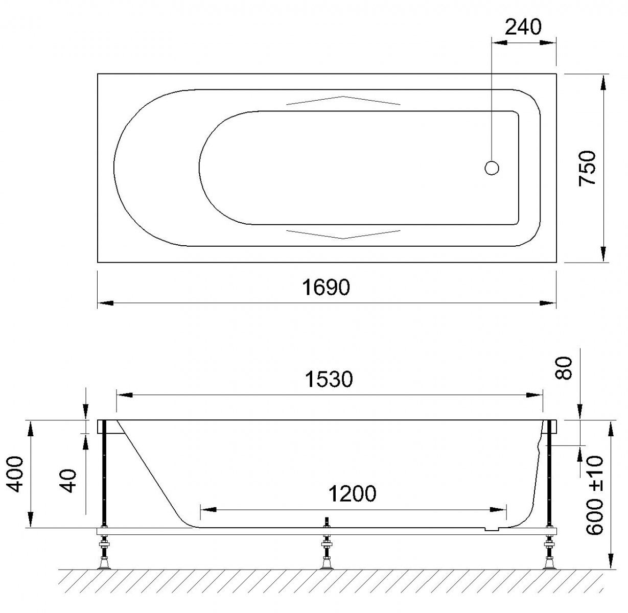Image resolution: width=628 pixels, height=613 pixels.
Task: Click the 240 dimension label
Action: point(523,27)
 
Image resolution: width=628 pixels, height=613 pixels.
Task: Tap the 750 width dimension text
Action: point(587,169)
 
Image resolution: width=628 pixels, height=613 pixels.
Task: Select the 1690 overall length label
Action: point(325,288)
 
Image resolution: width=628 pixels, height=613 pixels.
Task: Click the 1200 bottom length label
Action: point(352,493)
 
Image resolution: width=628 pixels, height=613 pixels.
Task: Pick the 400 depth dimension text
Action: point(15,474)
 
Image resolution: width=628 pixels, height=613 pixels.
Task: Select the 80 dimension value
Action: point(564,367)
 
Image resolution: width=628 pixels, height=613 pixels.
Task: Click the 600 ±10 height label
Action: point(594,495)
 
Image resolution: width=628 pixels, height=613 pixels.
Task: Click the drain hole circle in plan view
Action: point(492,168)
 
